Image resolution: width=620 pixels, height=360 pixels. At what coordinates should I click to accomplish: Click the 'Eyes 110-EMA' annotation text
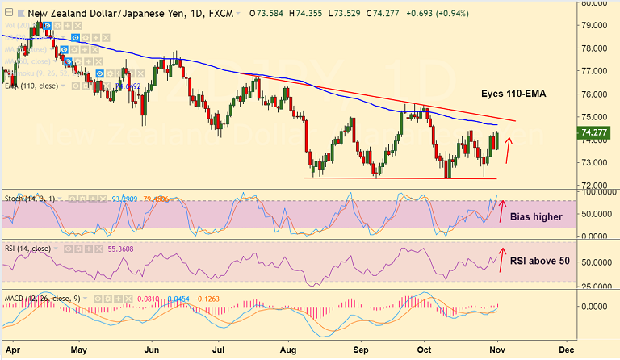[513, 94]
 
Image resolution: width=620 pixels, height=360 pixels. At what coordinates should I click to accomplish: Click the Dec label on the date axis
[566, 350]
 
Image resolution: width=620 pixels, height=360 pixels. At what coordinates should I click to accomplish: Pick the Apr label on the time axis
[10, 350]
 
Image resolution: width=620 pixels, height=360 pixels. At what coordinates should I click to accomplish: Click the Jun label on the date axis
[151, 350]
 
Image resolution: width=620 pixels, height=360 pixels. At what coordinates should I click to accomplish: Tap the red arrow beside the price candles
[509, 149]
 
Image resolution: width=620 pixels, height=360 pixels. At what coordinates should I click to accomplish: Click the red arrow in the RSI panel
[501, 261]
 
